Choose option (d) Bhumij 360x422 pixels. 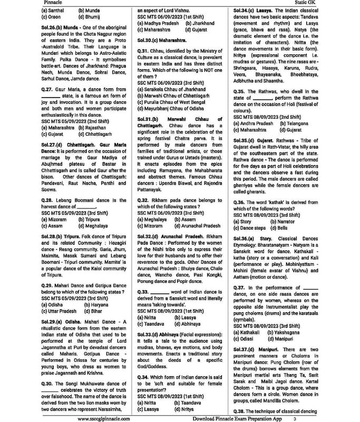[90, 16]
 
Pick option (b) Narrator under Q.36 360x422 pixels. [285, 222]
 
